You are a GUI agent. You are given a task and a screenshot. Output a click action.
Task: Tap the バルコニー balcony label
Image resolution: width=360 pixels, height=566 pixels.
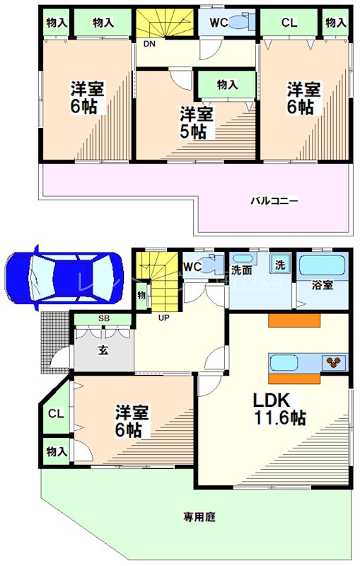(x=274, y=201)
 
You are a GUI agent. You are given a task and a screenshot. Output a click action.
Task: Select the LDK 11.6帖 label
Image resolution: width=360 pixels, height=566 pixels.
(x=279, y=408)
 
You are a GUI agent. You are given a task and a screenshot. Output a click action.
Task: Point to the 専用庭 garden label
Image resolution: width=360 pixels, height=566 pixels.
(x=200, y=517)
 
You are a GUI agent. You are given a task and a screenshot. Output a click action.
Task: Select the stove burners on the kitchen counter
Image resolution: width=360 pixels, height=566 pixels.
(x=335, y=362)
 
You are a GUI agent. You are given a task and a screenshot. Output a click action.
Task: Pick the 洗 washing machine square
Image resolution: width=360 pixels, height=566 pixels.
(x=280, y=265)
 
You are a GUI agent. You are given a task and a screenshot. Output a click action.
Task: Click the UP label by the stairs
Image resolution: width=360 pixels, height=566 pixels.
(x=163, y=317)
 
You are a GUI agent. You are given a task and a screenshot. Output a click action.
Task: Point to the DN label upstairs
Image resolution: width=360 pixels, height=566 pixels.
(x=149, y=44)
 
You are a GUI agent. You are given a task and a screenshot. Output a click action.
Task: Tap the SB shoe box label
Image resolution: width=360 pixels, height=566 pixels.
(x=103, y=319)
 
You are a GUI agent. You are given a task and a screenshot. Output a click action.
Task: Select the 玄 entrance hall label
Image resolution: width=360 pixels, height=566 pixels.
(x=103, y=349)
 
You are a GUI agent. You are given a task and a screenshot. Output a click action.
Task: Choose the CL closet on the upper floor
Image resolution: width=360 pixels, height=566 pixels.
(x=289, y=22)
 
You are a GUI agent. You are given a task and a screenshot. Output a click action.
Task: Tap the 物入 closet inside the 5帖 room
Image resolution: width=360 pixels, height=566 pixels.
(x=226, y=84)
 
